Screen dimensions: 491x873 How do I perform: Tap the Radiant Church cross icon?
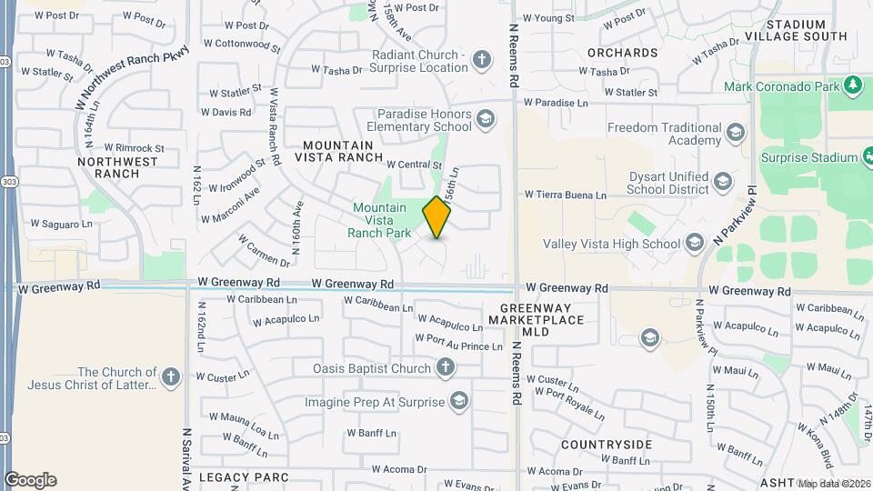coord(482,60)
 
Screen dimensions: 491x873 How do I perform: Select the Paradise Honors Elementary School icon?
coord(486,118)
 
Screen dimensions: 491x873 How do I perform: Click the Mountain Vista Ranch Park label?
coord(380,220)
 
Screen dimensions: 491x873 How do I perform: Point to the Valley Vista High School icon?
coord(695,243)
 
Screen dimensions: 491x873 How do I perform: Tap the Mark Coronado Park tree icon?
coord(852,86)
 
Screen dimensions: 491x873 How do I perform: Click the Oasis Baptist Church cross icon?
coord(445,368)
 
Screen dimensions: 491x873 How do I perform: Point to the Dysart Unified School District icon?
coord(722,181)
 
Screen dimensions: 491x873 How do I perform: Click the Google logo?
coord(30,480)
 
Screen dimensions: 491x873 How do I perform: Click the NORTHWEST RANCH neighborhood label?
coord(118,167)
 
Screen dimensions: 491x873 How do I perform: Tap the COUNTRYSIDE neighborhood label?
coord(607,445)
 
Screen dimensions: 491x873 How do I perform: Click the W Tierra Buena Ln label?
coord(565,195)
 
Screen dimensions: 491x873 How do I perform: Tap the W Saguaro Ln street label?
coord(62,223)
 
